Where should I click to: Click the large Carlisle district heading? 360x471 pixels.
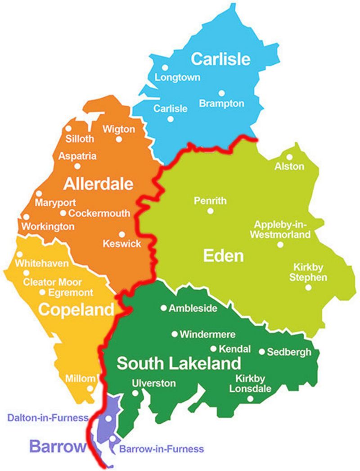coord(220,58)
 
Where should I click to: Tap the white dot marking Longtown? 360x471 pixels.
coord(165,67)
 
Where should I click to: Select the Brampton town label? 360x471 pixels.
coord(221,103)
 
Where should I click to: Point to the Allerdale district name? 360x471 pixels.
coord(99,184)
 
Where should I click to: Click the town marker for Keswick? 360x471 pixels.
coord(121,234)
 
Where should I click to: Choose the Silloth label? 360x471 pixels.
coord(80,138)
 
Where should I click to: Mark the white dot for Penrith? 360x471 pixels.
coord(210,211)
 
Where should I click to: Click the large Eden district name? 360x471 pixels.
coord(223,256)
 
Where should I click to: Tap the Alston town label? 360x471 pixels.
coord(289,166)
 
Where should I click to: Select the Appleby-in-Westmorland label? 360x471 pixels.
coord(282,229)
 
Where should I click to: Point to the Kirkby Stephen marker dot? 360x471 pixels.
coord(308,287)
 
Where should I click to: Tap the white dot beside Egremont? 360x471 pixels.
coord(43,292)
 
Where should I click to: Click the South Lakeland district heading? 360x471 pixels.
coord(179,363)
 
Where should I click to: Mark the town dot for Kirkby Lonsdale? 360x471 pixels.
coord(250,399)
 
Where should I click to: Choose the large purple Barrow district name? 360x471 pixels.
coord(58,447)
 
